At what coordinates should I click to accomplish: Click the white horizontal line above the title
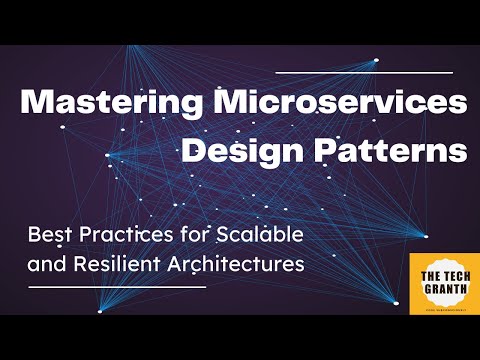tap(370, 71)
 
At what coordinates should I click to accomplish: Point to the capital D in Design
tap(194, 153)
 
